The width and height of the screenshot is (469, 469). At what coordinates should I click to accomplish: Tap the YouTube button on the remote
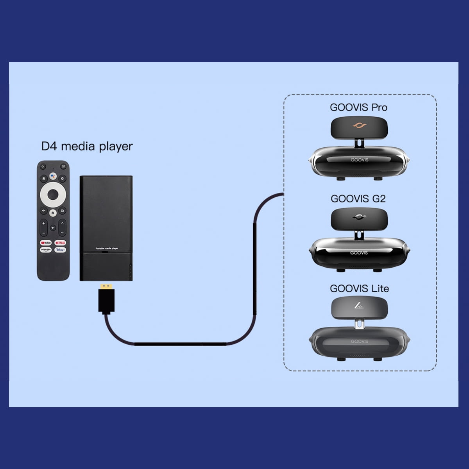[x=46, y=243]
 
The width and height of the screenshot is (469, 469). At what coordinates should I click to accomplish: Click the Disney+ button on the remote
[x=60, y=250]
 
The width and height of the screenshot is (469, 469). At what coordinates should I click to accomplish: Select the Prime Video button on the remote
[x=46, y=250]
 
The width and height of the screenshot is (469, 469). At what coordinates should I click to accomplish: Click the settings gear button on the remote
[x=63, y=179]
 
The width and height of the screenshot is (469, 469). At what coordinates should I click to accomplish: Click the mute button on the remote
[x=53, y=228]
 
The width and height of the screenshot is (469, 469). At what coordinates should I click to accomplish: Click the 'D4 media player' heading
[x=87, y=147]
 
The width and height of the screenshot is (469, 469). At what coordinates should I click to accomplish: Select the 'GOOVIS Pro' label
[x=358, y=107]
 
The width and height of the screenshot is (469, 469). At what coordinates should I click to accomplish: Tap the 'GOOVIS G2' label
[x=358, y=199]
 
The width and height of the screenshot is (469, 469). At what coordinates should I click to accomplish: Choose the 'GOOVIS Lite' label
[x=359, y=288]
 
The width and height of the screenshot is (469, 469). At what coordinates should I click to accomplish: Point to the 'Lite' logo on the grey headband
[x=359, y=305]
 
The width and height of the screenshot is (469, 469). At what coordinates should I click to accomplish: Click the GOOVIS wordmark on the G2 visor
[x=359, y=252]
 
